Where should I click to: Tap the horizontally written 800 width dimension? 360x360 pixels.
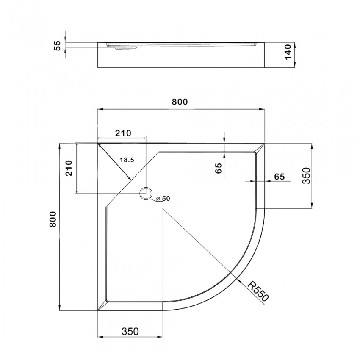180,102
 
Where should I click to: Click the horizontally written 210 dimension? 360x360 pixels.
122,133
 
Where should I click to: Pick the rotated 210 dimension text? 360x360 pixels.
69,168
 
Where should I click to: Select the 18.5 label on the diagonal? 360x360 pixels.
127,160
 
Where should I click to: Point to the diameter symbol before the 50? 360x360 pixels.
157,199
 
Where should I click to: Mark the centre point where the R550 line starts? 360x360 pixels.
163,209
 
